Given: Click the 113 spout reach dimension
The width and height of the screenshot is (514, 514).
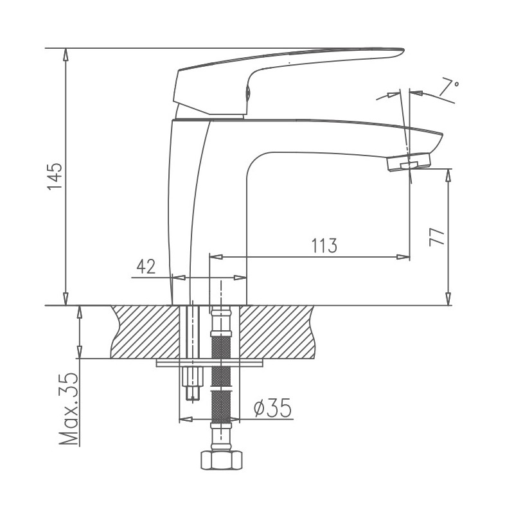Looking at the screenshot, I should [x=325, y=246].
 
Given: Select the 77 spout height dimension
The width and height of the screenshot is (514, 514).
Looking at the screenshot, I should [x=437, y=236].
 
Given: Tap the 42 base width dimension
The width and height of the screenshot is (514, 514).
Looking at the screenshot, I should [x=146, y=267].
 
